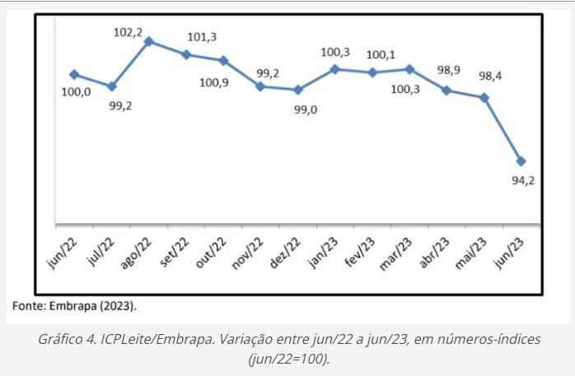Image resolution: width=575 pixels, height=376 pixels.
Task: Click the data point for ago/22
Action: coord(149,40)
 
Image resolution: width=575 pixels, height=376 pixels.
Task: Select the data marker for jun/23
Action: coord(521,160)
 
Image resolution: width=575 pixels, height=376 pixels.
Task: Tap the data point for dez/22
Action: coord(298,90)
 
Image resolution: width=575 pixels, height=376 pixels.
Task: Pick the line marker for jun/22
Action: coord(74,74)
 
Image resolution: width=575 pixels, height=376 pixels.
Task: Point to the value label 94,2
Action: coord(524,181)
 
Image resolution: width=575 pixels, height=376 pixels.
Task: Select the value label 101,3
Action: coord(202,36)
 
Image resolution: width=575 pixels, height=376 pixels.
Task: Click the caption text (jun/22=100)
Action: coord(287,360)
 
